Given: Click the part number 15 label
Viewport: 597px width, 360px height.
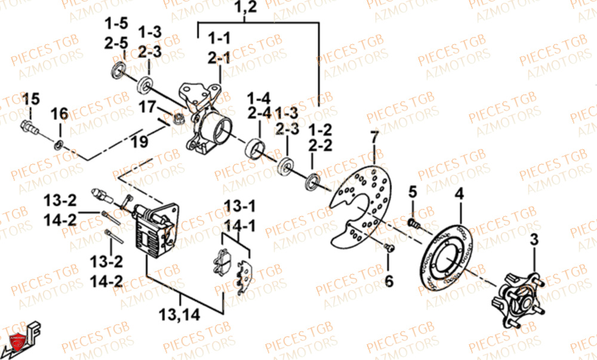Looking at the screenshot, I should click(x=30, y=99).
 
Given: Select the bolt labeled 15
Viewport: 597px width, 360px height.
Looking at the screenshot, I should click(x=29, y=127).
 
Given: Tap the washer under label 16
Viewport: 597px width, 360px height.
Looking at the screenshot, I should click(x=59, y=144).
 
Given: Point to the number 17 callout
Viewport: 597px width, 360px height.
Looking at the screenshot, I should click(x=147, y=108).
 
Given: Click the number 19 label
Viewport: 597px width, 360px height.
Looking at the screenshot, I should click(x=139, y=143).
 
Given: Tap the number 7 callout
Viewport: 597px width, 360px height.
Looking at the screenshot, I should click(x=374, y=139).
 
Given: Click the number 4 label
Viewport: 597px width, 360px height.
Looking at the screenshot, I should click(x=460, y=194).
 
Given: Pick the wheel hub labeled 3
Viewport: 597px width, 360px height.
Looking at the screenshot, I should click(x=518, y=297).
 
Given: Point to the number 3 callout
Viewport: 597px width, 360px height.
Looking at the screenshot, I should click(x=534, y=241).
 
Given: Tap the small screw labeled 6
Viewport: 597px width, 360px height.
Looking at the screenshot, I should click(x=389, y=248).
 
